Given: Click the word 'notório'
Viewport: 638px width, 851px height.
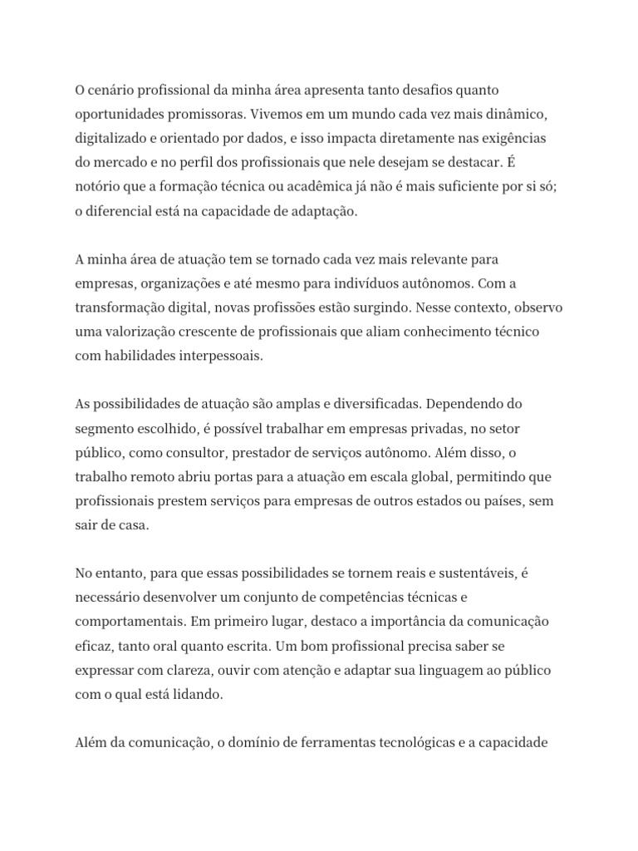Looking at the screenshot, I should pos(96,187).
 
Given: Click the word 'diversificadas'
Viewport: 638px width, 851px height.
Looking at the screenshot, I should pos(379,404).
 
